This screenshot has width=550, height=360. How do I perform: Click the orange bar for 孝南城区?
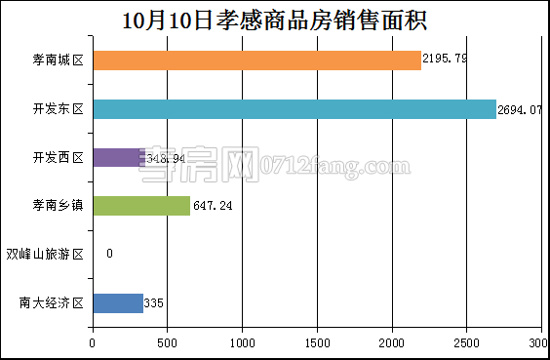pyautogui.click(x=256, y=60)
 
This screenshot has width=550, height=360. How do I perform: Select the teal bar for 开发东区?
pyautogui.click(x=295, y=109)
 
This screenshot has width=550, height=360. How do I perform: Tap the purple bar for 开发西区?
pyautogui.click(x=117, y=157)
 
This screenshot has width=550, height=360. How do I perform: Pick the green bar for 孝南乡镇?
pyautogui.click(x=141, y=206)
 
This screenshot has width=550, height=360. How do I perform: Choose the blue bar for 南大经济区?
pyautogui.click(x=118, y=303)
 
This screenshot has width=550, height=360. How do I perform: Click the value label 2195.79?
pyautogui.click(x=445, y=60)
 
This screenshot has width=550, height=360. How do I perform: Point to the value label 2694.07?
pyautogui.click(x=519, y=109)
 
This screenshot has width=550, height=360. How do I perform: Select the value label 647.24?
pyautogui.click(x=212, y=206)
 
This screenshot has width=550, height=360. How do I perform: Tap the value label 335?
pyautogui.click(x=154, y=303)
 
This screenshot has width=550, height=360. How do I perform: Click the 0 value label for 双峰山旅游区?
pyautogui.click(x=109, y=254)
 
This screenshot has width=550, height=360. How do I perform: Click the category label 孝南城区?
pyautogui.click(x=58, y=60)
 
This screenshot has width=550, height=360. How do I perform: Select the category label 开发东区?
pyautogui.click(x=58, y=109)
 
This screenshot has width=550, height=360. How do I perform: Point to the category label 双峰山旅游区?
pyautogui.click(x=45, y=255)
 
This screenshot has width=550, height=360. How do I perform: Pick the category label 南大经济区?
pyautogui.click(x=52, y=303)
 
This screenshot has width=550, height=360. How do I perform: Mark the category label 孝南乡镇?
pyautogui.click(x=58, y=206)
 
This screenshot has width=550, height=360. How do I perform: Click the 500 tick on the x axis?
pyautogui.click(x=168, y=342)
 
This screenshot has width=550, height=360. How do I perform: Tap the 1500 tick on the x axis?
pyautogui.click(x=318, y=342)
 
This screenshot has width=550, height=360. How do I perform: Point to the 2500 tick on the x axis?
pyautogui.click(x=467, y=342)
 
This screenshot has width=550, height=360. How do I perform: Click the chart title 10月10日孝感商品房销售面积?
pyautogui.click(x=274, y=20)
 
